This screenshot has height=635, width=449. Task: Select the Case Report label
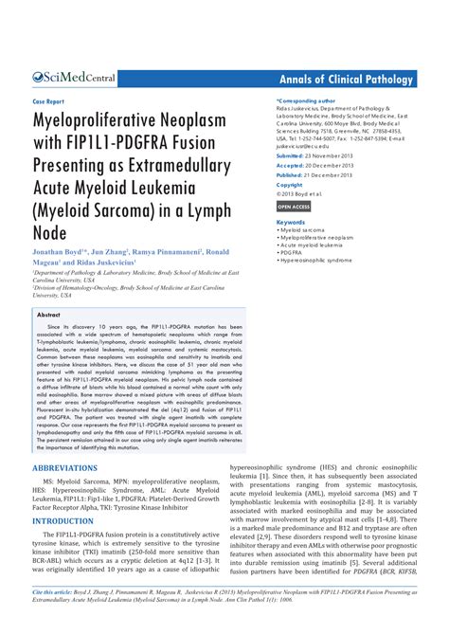(x=49, y=100)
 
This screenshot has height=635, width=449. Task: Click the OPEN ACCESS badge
(x=294, y=206)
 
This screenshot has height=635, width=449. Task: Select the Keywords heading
(x=291, y=222)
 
